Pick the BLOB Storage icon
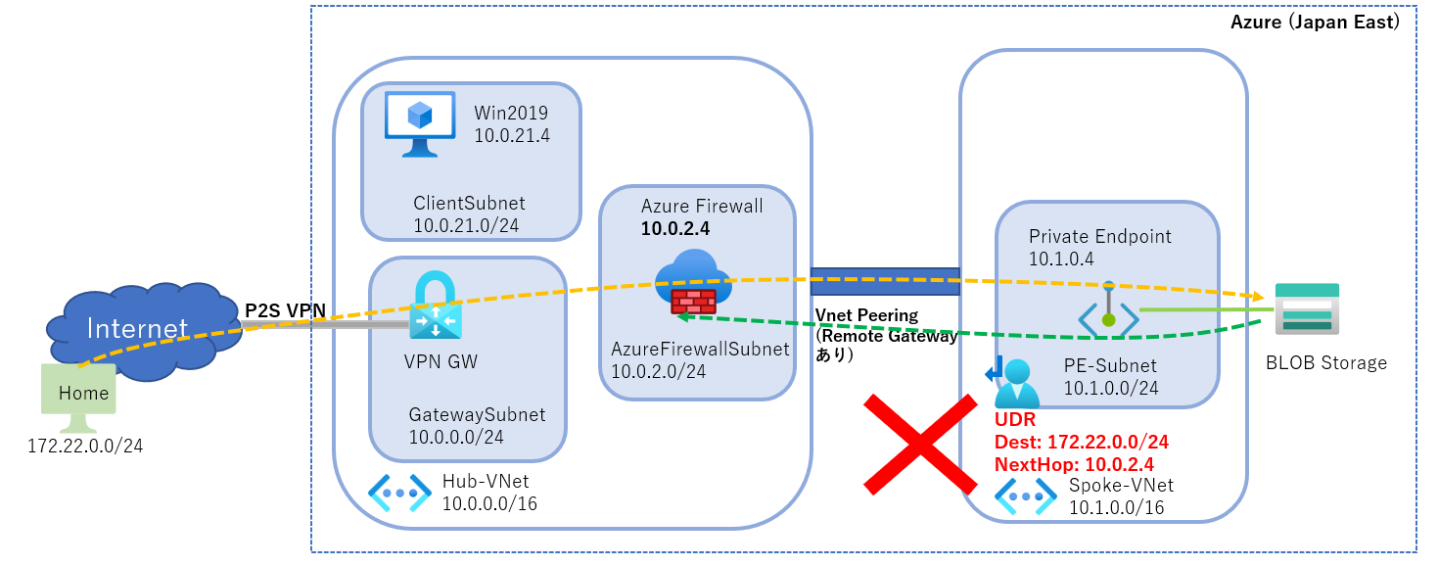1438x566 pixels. tap(1307, 309)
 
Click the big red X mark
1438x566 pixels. tap(920, 443)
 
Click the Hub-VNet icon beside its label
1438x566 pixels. tap(399, 494)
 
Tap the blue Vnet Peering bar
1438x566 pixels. tap(885, 281)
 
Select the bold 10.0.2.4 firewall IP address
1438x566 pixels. tap(674, 229)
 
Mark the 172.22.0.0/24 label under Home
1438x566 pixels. tap(85, 446)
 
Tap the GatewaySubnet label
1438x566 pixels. tap(477, 414)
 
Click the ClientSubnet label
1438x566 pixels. tap(469, 204)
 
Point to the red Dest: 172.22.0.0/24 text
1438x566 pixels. tap(1081, 442)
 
